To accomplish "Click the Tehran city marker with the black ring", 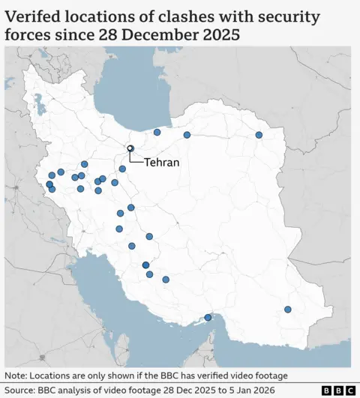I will click(x=130, y=148).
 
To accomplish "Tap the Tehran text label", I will click(x=161, y=162).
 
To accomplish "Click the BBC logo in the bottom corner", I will click(x=338, y=391).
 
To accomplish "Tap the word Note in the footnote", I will click(x=16, y=376).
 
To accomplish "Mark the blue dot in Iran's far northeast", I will click(x=259, y=135).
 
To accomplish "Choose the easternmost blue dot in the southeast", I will click(x=288, y=309).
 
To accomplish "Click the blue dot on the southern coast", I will click(x=208, y=318).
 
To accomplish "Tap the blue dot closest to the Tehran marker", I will click(x=122, y=169).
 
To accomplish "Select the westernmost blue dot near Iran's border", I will click(x=49, y=184).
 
